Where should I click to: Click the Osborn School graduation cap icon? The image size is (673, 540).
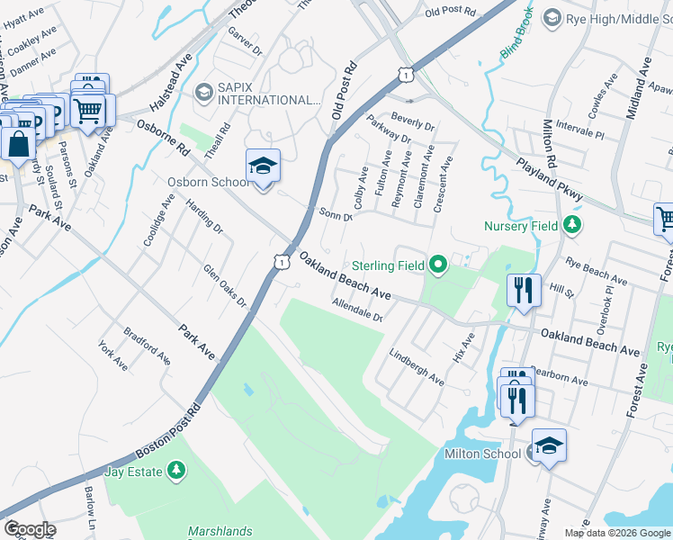263,166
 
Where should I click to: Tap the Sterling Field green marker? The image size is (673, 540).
438,265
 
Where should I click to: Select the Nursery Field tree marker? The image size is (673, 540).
570,226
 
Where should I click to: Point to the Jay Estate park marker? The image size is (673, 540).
176,471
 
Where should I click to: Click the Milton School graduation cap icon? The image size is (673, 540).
548,445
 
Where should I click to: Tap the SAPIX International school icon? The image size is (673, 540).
203,91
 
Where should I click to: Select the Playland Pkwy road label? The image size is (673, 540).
550,180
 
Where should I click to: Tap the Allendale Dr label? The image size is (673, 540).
357,310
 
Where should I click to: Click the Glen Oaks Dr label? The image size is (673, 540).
224,284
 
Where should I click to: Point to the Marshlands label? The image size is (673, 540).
220,531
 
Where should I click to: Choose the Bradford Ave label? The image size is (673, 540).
147,345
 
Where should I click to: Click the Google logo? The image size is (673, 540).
30,529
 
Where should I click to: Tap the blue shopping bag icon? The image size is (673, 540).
18,142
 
